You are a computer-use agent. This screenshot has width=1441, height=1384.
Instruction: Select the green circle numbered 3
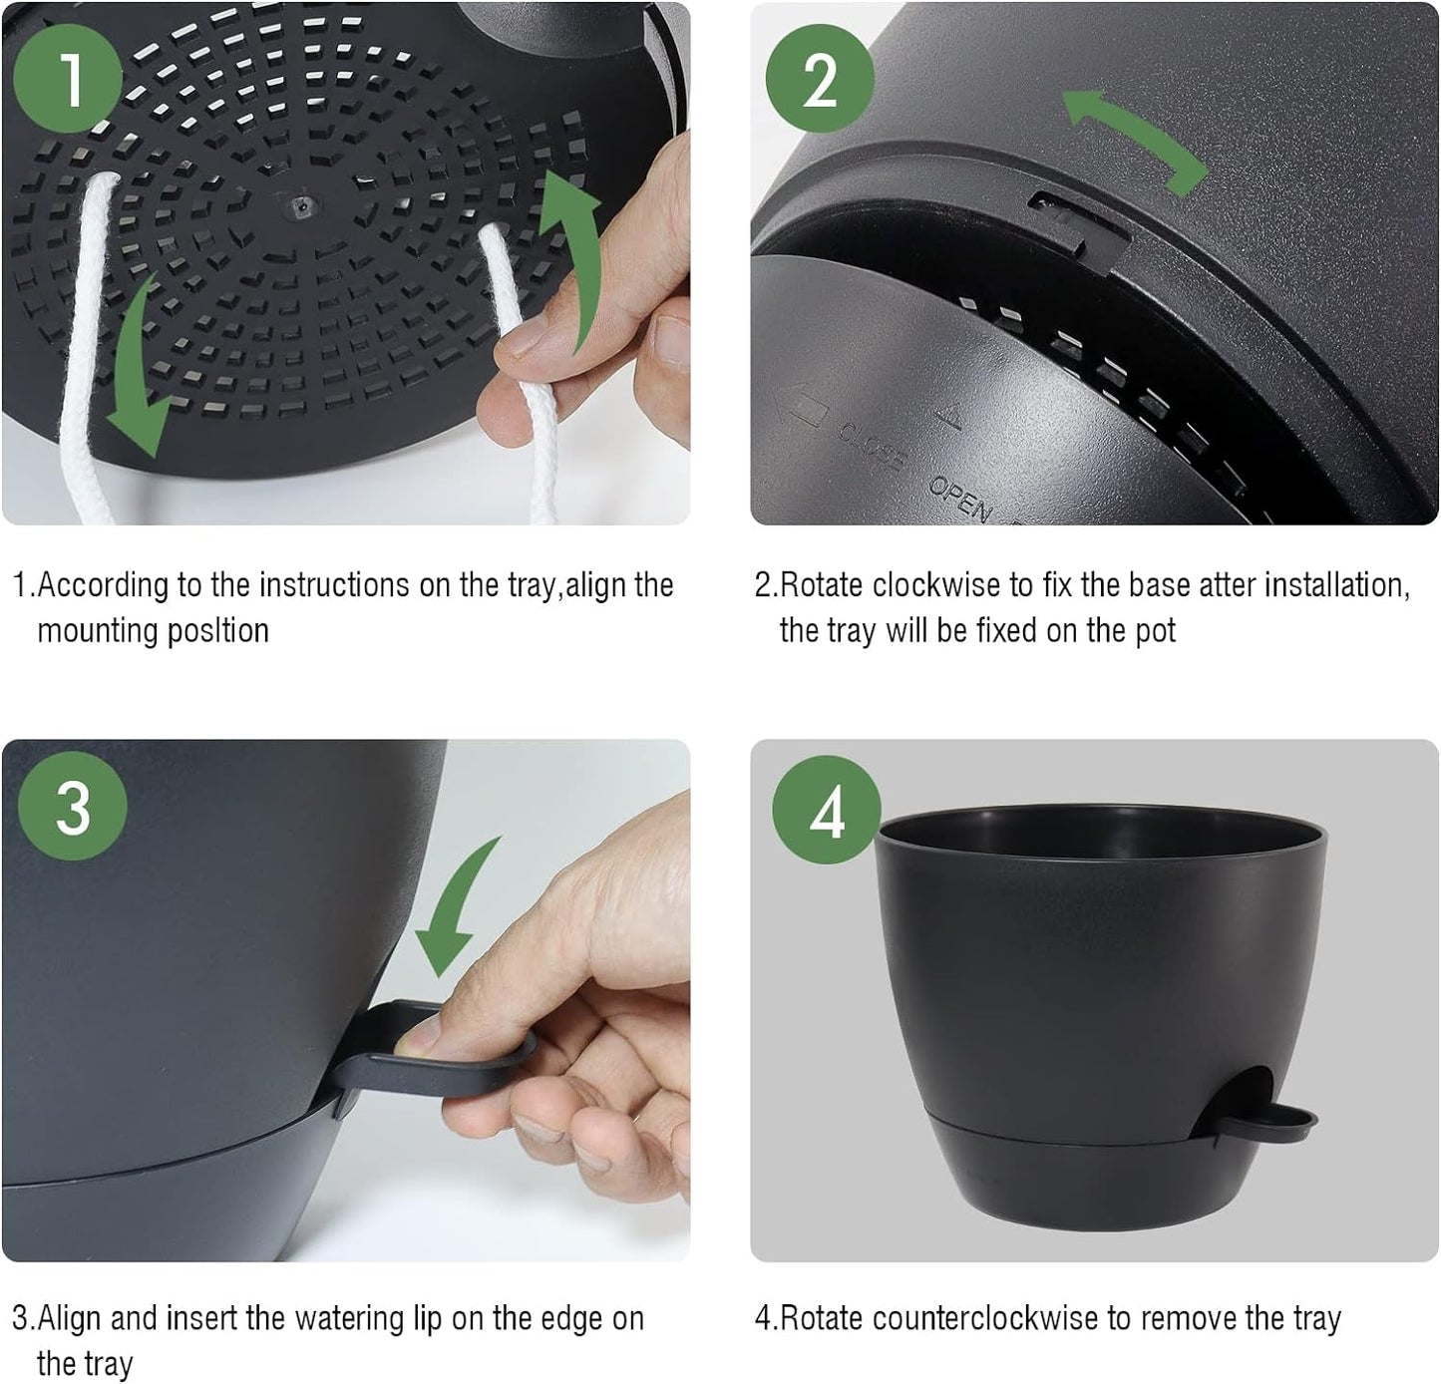(73, 805)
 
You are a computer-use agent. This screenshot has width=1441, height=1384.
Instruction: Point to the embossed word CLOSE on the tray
(870, 446)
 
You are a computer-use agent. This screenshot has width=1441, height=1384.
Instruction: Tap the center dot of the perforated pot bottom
(299, 206)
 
